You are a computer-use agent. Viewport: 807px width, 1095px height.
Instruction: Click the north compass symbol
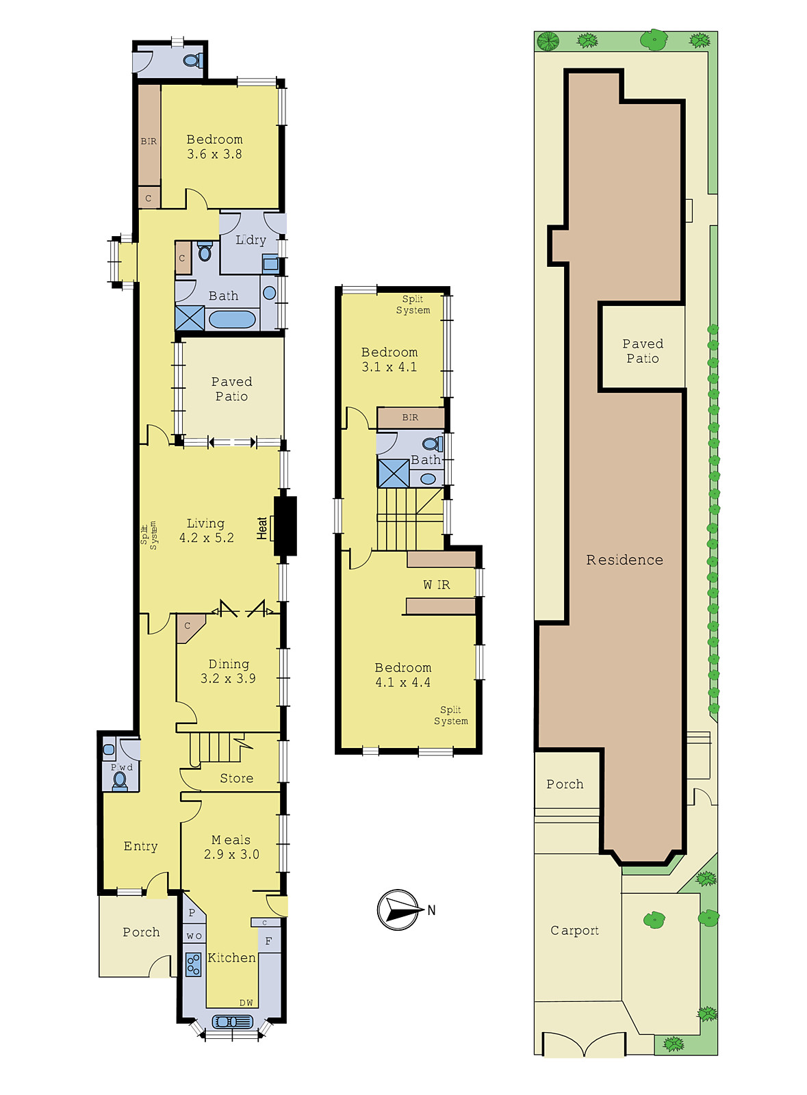398,910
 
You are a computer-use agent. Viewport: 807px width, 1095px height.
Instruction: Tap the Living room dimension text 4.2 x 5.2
206,538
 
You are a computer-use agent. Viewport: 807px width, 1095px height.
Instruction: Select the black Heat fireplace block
285,526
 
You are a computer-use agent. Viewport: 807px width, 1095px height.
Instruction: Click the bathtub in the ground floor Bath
232,320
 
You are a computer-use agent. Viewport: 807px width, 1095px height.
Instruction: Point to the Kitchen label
231,957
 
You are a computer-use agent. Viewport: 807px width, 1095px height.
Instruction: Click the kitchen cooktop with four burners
194,964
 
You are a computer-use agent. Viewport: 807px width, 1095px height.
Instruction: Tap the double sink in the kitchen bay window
232,1022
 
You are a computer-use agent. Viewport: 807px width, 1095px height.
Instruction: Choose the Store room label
237,778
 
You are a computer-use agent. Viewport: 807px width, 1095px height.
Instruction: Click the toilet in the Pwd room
120,781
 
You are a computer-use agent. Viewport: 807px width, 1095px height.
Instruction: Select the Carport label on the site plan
574,931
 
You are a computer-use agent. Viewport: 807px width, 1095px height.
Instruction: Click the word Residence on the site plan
625,560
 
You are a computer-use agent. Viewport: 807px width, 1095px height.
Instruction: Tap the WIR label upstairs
437,584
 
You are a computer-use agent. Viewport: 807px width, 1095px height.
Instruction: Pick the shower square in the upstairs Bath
394,473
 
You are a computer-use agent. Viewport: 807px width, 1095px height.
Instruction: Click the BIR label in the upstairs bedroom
410,417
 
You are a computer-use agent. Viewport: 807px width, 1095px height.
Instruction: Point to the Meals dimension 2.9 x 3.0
231,854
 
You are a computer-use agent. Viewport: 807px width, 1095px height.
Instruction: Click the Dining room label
229,664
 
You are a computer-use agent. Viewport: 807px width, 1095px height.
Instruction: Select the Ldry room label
251,240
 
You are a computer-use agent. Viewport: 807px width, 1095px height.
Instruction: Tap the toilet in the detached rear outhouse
192,61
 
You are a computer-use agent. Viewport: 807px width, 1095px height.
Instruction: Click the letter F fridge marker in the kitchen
268,941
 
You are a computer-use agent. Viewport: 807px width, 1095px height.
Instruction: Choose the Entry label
141,846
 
